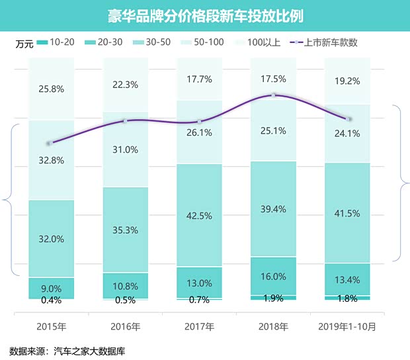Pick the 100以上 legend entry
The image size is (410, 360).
pos(264,42)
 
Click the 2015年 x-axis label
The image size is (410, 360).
pos(51,326)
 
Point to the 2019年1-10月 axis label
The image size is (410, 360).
pos(347,326)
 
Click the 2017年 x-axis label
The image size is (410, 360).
pos(199,326)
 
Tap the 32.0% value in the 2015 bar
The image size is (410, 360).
pos(51,238)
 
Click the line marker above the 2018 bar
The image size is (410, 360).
pos(273,95)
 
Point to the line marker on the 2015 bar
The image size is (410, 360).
pos(51,143)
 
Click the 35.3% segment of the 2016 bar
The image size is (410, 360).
pos(125,230)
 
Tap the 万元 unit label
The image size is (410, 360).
pos(24,44)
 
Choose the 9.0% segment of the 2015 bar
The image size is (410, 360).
pos(51,288)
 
